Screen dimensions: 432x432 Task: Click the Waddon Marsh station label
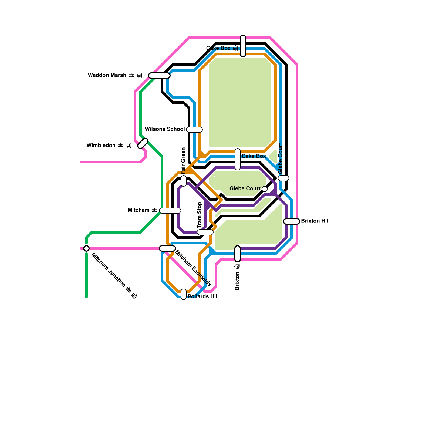(107, 75)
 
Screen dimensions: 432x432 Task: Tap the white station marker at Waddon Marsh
(159, 76)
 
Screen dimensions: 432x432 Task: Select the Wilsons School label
(165, 129)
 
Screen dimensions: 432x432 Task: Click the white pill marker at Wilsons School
(194, 130)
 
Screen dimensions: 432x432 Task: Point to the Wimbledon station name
(101, 145)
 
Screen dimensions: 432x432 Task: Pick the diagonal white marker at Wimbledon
(143, 143)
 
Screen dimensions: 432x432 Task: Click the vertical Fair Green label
(183, 160)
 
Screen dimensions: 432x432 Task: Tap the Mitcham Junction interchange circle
(86, 248)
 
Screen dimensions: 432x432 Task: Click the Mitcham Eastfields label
(193, 268)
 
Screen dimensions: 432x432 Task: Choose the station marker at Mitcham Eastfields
(167, 248)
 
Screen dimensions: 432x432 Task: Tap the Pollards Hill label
(203, 296)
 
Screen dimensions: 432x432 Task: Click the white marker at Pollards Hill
(184, 294)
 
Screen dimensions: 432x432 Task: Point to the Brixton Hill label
(315, 221)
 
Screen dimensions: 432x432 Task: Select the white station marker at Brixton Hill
(292, 221)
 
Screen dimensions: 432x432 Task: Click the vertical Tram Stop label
(200, 215)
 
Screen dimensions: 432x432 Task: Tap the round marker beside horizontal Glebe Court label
(265, 189)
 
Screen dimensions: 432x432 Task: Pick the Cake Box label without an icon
(254, 156)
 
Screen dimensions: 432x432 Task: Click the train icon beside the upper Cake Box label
(235, 48)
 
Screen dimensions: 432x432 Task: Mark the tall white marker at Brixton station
(238, 254)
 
